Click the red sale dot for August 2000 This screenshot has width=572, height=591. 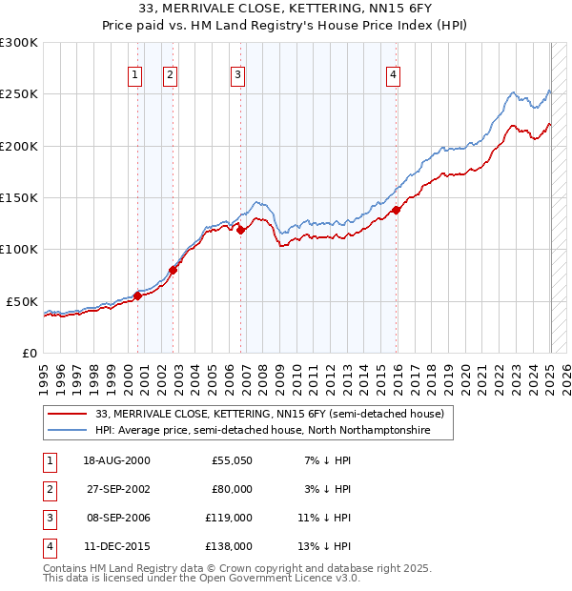point(137,295)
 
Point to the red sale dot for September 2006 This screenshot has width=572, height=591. point(240,230)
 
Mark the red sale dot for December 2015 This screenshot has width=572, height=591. point(397,211)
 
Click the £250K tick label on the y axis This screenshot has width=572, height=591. point(19,94)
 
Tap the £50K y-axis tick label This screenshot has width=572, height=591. point(23,301)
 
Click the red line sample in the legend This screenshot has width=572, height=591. point(69,415)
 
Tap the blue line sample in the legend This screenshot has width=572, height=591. point(69,431)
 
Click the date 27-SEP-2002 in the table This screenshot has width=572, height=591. point(116,489)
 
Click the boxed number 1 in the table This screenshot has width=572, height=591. point(49,460)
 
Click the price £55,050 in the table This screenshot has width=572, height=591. point(232,460)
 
